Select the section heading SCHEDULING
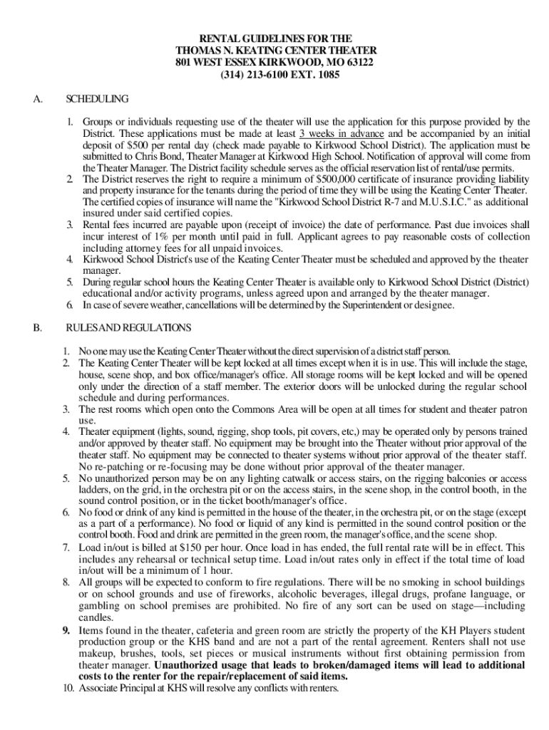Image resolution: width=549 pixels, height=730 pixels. click(97, 98)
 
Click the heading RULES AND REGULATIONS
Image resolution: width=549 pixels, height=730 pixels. click(128, 328)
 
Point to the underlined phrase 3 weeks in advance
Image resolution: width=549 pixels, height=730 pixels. click(342, 133)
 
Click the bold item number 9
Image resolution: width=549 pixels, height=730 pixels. click(66, 630)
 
